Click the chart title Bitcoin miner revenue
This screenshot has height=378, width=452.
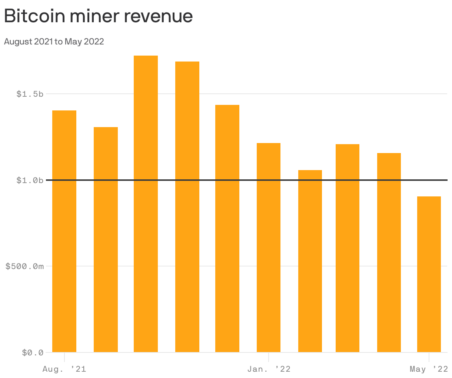click(98, 16)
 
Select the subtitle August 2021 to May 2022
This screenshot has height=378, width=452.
click(54, 42)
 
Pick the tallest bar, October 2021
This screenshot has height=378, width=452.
click(146, 204)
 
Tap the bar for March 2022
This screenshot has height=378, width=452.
click(348, 248)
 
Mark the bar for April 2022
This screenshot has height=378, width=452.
click(389, 252)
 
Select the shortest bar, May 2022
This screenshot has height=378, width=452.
click(429, 274)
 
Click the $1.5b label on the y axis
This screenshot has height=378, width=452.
click(30, 94)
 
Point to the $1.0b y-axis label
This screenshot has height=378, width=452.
click(30, 180)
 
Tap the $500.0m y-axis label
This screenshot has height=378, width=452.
click(25, 266)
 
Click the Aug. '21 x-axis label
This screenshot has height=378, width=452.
click(64, 369)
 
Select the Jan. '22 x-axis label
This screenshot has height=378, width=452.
click(269, 369)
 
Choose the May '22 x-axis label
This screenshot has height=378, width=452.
click(429, 369)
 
